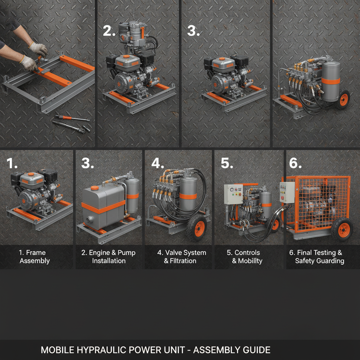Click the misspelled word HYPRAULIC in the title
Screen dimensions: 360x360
pyautogui.click(x=92, y=350)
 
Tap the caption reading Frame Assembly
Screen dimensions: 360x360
pyautogui.click(x=34, y=257)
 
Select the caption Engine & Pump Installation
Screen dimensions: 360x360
pyautogui.click(x=109, y=257)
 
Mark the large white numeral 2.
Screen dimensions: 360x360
pyautogui.click(x=109, y=31)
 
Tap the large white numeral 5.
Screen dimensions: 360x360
pyautogui.click(x=226, y=163)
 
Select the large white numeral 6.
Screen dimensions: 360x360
pyautogui.click(x=295, y=163)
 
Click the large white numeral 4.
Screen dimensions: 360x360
pyautogui.click(x=157, y=163)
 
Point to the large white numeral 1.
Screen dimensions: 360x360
pyautogui.click(x=13, y=163)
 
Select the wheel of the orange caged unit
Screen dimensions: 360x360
pyautogui.click(x=342, y=229)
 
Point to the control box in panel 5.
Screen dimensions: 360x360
pyautogui.click(x=233, y=194)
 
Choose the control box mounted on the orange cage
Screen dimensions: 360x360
pyautogui.click(x=287, y=192)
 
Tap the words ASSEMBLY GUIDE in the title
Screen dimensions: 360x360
pyautogui.click(x=232, y=350)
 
